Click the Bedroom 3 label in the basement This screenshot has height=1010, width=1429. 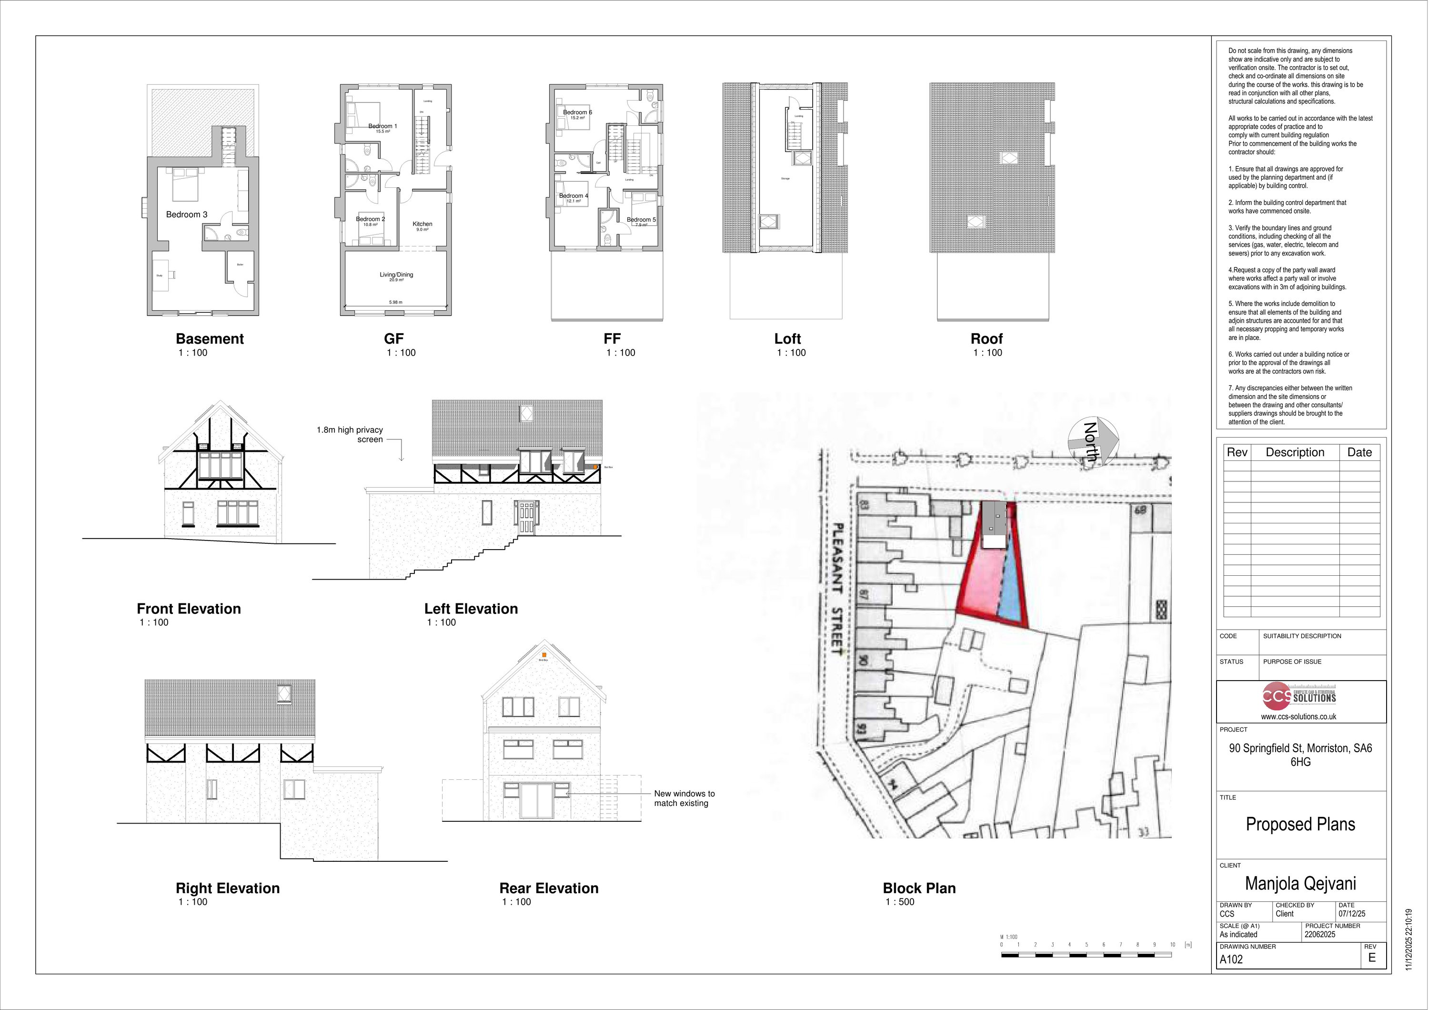pyautogui.click(x=187, y=214)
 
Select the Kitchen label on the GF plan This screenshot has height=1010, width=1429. pyautogui.click(x=422, y=224)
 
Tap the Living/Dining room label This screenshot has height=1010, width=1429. pyautogui.click(x=396, y=275)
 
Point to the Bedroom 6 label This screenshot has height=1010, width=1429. pyautogui.click(x=577, y=112)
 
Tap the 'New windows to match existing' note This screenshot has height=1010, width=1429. pyautogui.click(x=684, y=798)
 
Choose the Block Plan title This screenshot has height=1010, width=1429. pyautogui.click(x=919, y=888)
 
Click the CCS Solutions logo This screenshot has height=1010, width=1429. pyautogui.click(x=1300, y=697)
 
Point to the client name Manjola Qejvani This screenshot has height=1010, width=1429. pyautogui.click(x=1300, y=884)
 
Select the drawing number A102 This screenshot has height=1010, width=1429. pyautogui.click(x=1231, y=959)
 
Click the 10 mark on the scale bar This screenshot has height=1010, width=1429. pyautogui.click(x=1172, y=945)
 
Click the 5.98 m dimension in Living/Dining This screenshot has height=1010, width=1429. pyautogui.click(x=395, y=303)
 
